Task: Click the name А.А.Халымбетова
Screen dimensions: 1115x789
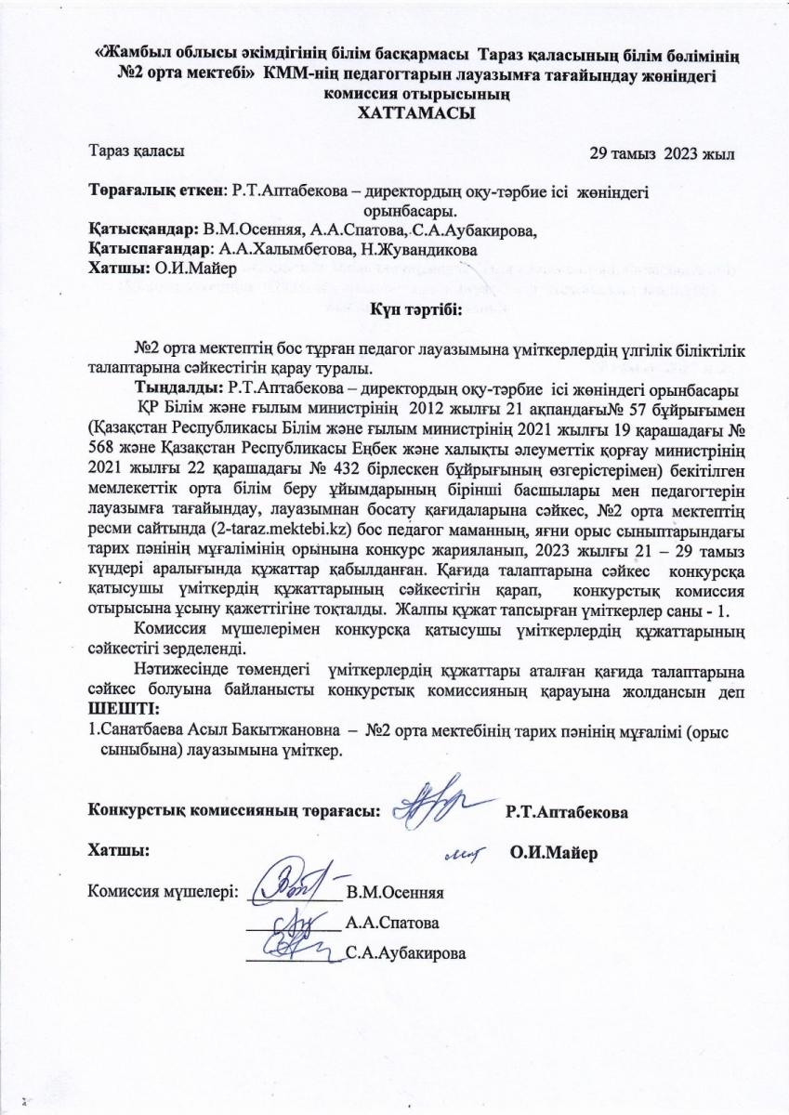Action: coord(282,249)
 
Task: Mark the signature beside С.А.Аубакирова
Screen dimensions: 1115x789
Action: coord(296,947)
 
